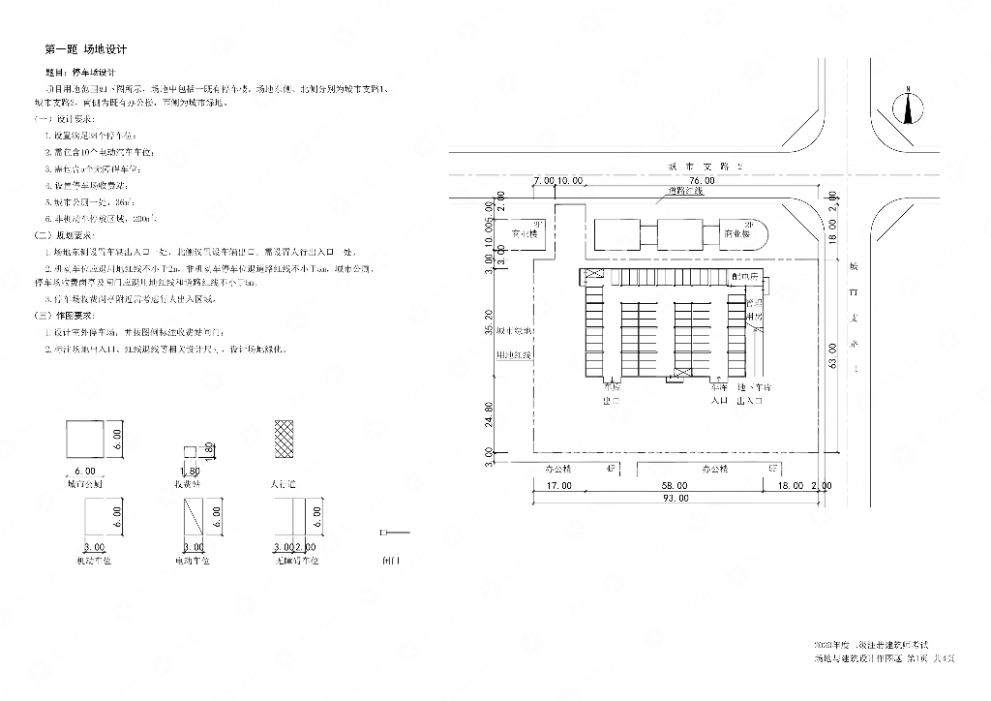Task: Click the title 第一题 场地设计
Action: tap(86, 48)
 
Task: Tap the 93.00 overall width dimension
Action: tap(676, 499)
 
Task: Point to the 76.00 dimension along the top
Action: tap(703, 181)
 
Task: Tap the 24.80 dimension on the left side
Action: tap(489, 413)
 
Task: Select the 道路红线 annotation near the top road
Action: tap(683, 191)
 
